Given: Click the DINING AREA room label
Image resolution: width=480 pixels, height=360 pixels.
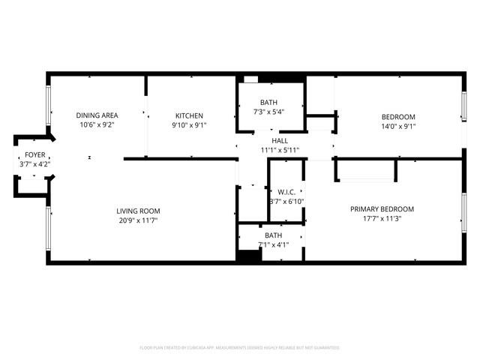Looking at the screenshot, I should click(97, 115).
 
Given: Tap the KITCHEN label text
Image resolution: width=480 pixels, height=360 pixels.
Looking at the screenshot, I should click(189, 115).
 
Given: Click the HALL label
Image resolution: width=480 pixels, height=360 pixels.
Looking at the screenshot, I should click(280, 140).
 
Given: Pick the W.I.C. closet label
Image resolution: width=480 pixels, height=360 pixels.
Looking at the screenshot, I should click(286, 192).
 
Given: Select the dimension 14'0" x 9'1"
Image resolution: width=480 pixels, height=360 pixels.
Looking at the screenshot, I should click(398, 126).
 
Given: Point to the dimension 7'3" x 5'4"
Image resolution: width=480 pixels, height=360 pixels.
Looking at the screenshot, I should click(268, 112).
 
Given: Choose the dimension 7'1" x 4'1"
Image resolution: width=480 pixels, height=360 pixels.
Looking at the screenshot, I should click(272, 244).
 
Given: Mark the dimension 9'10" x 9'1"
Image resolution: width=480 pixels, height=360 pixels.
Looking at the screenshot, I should click(189, 125).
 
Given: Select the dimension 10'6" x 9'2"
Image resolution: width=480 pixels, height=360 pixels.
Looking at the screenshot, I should click(97, 125).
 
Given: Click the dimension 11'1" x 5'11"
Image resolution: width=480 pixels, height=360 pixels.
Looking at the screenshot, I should click(280, 150).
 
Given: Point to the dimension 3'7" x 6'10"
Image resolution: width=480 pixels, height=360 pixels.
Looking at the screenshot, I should click(286, 202).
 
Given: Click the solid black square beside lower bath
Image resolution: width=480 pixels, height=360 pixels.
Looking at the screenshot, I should click(247, 255).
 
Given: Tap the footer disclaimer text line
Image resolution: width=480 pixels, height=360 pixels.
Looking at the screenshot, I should click(240, 348).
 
